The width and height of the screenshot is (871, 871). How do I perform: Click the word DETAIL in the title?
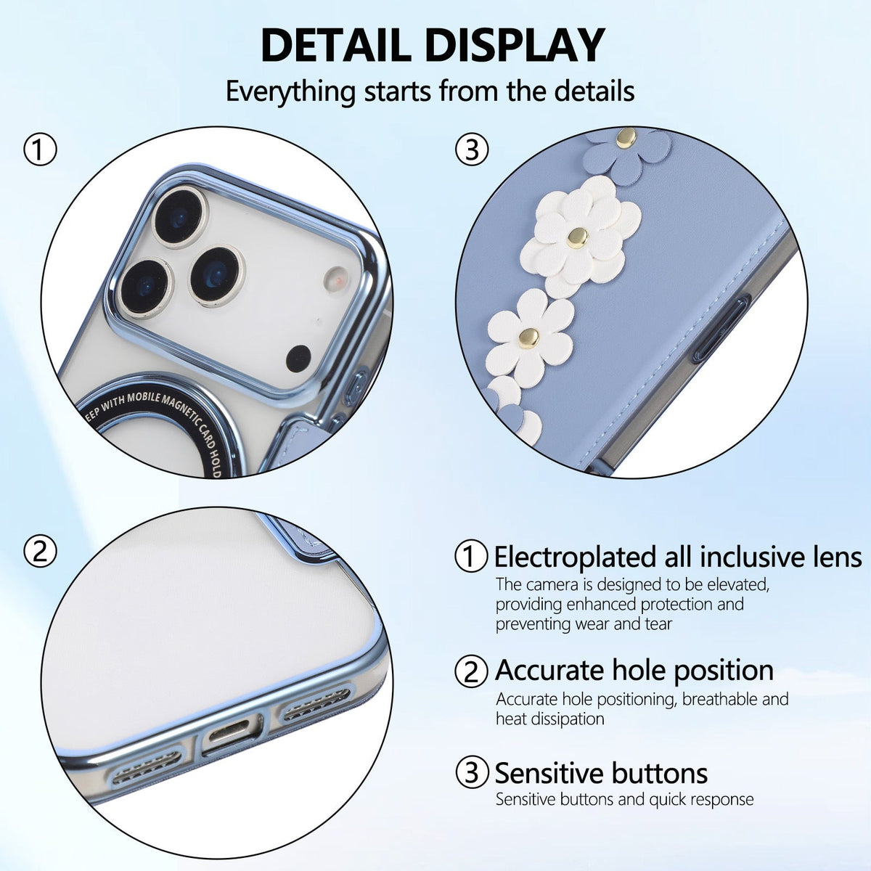point(335,45)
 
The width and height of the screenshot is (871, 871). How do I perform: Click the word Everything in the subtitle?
point(290,91)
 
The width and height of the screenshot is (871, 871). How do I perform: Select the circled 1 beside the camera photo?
point(40,150)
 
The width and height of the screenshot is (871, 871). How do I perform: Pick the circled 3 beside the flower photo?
point(472,150)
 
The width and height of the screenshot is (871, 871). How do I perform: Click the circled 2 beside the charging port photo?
point(40,552)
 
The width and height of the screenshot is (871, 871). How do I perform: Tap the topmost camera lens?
point(180,217)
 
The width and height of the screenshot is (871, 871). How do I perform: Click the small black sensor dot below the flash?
point(299,359)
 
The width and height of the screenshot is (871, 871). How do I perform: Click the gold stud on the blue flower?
point(626,137)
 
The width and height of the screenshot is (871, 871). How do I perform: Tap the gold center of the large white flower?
point(577,238)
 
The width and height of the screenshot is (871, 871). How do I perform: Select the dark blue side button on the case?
point(721,327)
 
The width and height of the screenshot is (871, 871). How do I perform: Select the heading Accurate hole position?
point(634,670)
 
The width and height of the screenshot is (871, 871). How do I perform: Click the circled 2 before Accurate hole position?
point(472,671)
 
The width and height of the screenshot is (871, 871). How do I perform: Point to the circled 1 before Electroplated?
point(472,557)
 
